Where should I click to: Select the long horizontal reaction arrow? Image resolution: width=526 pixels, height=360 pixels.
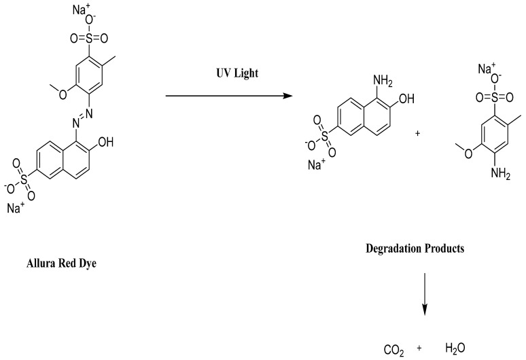[230, 96]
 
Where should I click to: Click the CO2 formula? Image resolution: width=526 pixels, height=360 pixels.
[395, 350]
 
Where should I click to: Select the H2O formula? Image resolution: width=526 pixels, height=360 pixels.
[455, 348]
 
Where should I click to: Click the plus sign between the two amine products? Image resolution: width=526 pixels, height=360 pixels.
[417, 133]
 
